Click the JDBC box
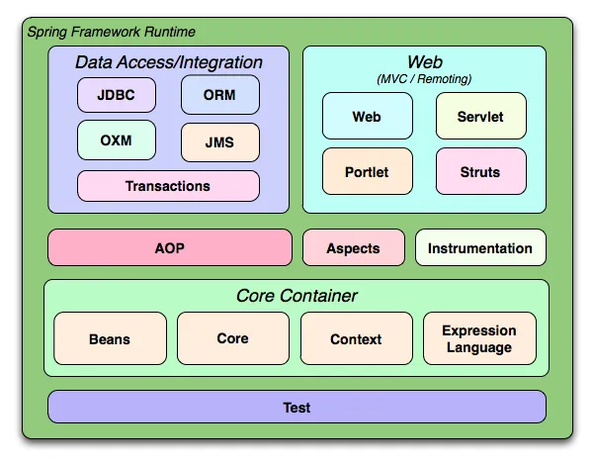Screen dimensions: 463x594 [x=117, y=95]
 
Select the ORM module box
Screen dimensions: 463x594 [x=219, y=95]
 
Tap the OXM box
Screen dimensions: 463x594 [x=117, y=140]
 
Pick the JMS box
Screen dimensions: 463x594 [x=219, y=141]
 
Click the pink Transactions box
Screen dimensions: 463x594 [x=168, y=186]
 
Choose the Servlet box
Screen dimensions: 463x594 [x=480, y=117]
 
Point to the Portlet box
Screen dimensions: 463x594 [x=367, y=171]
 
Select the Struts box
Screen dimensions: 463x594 [x=480, y=171]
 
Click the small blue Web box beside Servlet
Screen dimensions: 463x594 [x=367, y=117]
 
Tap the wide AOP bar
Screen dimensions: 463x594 [x=170, y=247]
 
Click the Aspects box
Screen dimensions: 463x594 [x=354, y=247]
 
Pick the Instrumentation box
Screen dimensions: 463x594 [x=480, y=247]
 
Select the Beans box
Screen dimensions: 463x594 [x=110, y=338]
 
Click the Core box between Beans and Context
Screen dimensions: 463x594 [x=232, y=338]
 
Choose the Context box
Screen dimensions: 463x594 [x=356, y=338]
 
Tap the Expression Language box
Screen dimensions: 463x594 [x=479, y=338]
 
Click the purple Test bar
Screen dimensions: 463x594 [x=297, y=407]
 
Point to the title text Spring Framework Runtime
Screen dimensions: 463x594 [x=111, y=32]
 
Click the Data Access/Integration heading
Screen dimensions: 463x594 [x=169, y=62]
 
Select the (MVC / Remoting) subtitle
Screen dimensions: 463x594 [x=424, y=78]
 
